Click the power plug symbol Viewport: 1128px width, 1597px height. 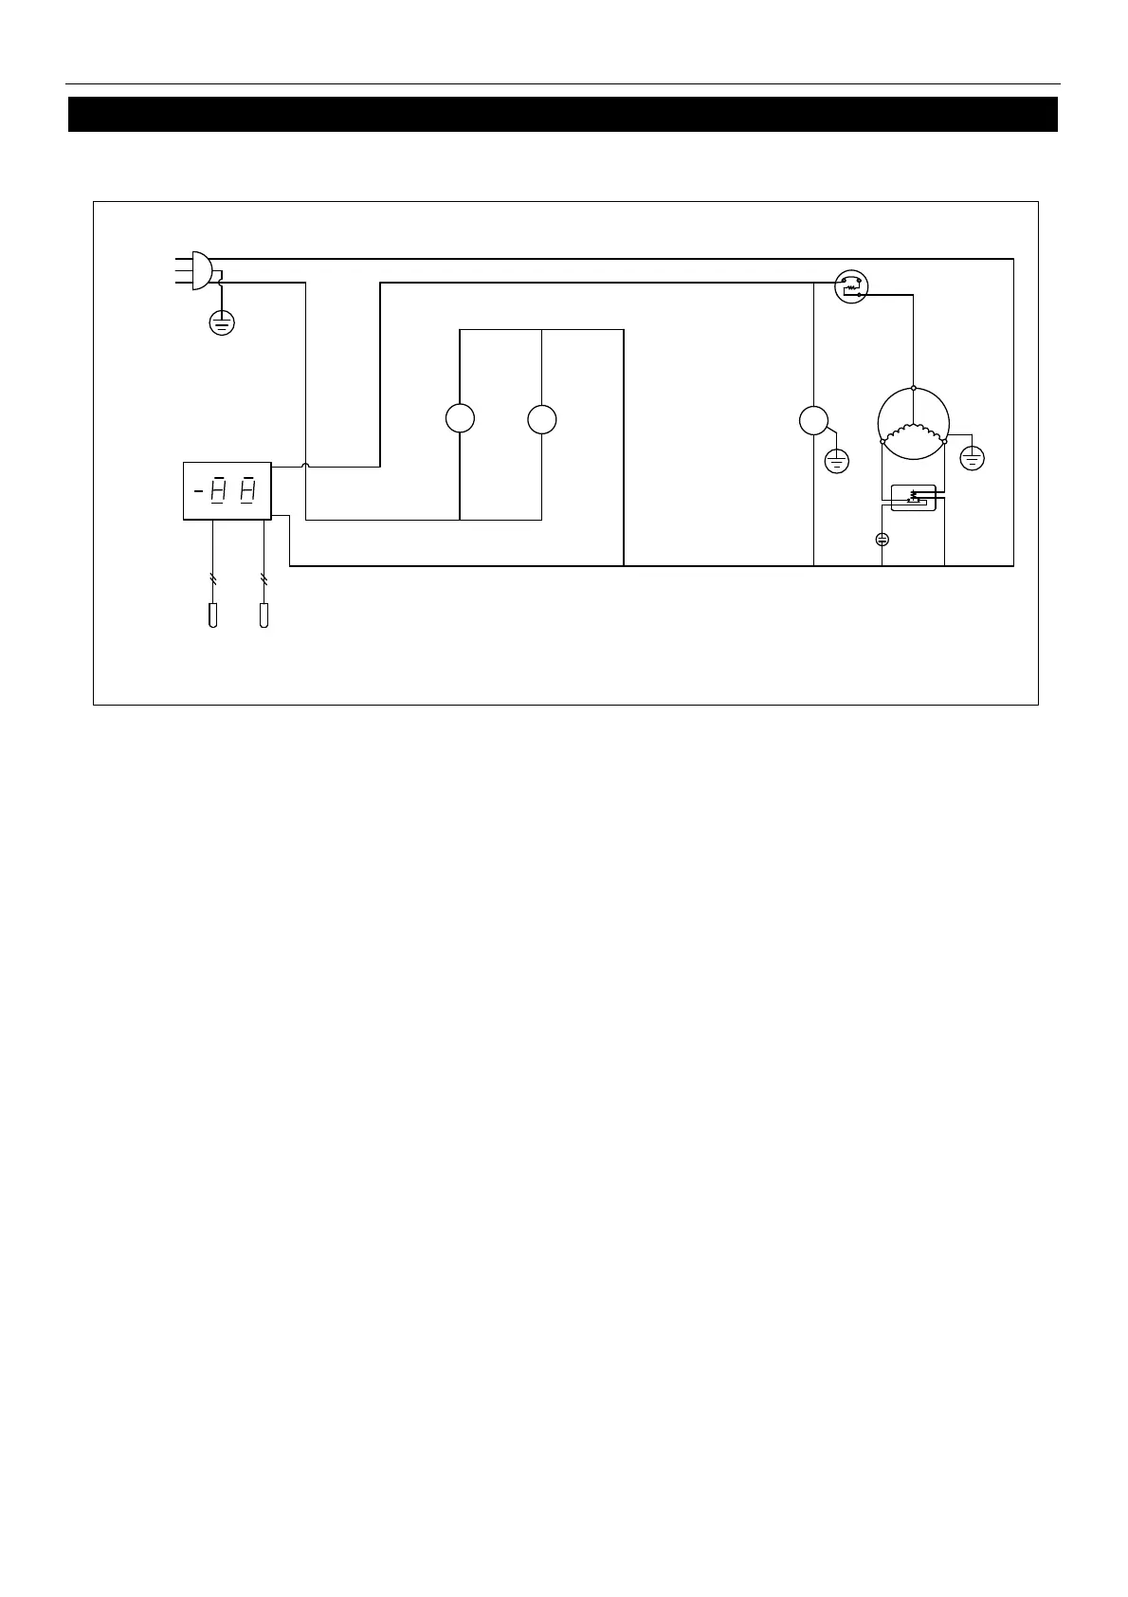click(200, 270)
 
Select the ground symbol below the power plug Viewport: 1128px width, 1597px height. click(221, 323)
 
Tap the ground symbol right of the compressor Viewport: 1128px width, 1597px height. click(972, 459)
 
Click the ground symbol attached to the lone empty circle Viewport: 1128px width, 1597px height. click(837, 462)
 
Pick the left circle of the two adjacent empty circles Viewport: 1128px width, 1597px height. click(460, 418)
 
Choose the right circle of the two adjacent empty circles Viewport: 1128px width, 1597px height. click(541, 418)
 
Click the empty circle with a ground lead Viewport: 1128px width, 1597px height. click(813, 420)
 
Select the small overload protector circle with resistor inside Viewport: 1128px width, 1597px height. click(850, 286)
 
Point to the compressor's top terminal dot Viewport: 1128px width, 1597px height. click(913, 387)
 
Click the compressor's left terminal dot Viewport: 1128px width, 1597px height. click(882, 441)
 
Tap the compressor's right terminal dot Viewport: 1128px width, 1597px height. click(945, 441)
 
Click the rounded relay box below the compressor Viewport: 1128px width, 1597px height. click(913, 497)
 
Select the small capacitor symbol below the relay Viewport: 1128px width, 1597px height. click(882, 540)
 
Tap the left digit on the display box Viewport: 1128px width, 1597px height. click(217, 490)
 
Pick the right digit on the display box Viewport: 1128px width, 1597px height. click(247, 490)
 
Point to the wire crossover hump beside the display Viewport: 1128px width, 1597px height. click(305, 466)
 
